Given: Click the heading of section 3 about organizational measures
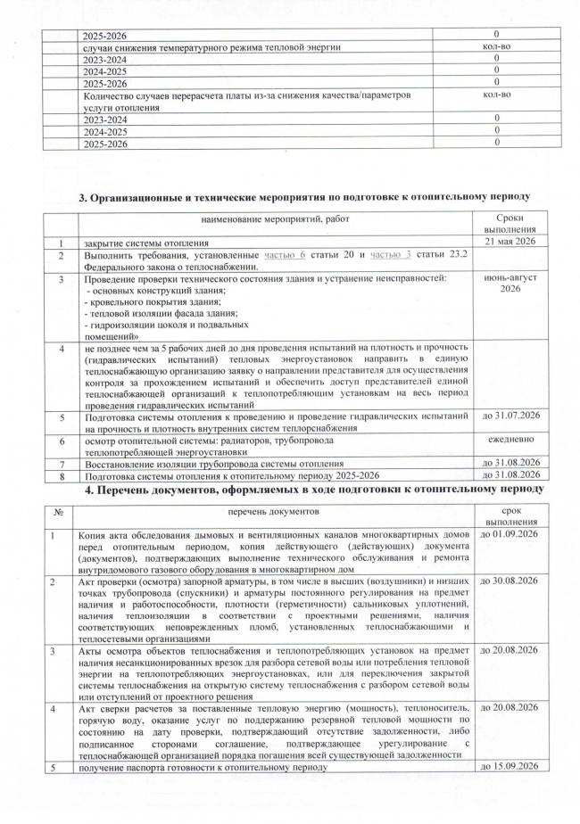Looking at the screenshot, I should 305,196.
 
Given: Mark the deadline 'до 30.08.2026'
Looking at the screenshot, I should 511,581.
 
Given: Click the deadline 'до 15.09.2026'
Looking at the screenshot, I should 511,766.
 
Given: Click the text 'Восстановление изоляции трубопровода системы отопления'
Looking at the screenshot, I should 214,464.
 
